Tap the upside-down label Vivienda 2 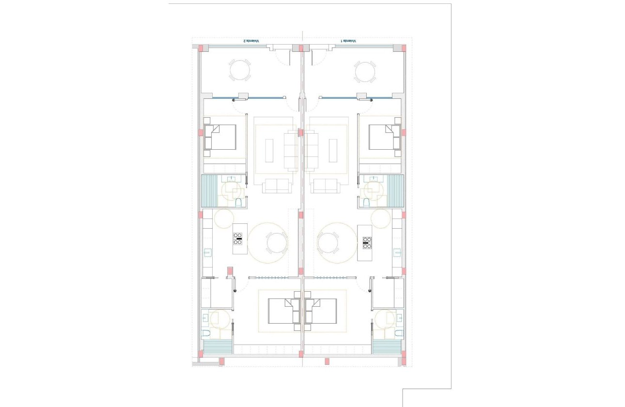[251, 41]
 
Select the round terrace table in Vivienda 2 [240, 71]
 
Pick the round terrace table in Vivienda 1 [364, 72]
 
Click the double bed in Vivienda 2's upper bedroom [220, 137]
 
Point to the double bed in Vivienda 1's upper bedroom [384, 137]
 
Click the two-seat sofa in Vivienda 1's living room [325, 186]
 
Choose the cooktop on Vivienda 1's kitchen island [367, 242]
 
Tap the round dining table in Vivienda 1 [328, 242]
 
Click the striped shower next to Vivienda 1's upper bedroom [395, 191]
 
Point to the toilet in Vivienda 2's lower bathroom [206, 333]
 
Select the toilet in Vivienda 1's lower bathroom [398, 333]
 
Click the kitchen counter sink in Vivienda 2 [207, 252]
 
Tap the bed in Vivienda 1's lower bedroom [322, 311]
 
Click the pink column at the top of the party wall [301, 48]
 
